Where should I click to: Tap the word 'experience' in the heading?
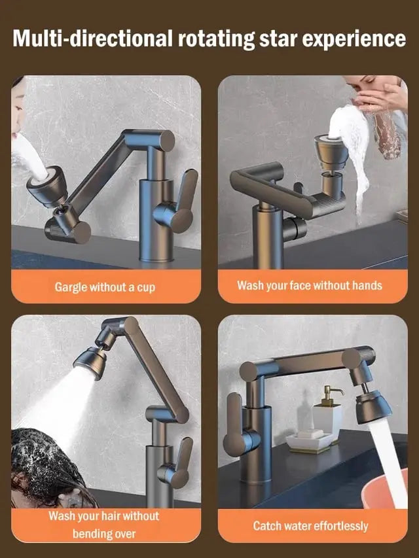coord(354,39)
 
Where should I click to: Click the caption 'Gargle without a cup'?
coord(105,287)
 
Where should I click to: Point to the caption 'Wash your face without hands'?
coord(310,285)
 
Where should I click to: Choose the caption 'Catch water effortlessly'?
coord(310,525)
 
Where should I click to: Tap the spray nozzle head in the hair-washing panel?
coord(90,362)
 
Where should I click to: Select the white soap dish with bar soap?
coord(309,440)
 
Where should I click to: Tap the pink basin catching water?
coord(384,489)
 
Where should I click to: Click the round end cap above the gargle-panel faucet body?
coord(165,140)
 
